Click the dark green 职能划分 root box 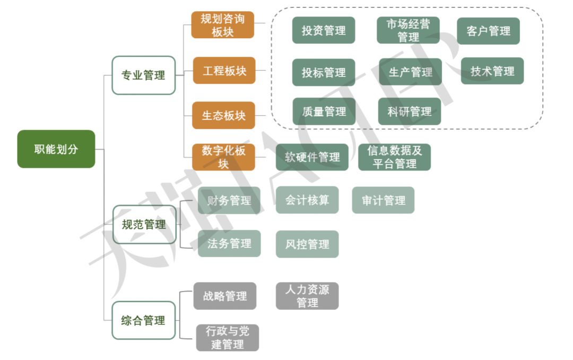(56, 149)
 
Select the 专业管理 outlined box (144, 75)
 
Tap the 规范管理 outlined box (144, 225)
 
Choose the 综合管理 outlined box (144, 321)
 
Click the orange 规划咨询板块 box (223, 25)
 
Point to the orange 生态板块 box (223, 115)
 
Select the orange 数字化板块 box (223, 157)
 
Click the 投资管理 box (324, 30)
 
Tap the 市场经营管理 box (408, 30)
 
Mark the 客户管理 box (488, 31)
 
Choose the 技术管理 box (492, 71)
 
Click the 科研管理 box (410, 112)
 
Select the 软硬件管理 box (312, 157)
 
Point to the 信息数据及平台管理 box (394, 157)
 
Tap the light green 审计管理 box (383, 200)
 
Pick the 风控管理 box (307, 244)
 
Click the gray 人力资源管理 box (307, 296)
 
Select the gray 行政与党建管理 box (228, 338)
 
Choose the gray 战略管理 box (225, 296)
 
